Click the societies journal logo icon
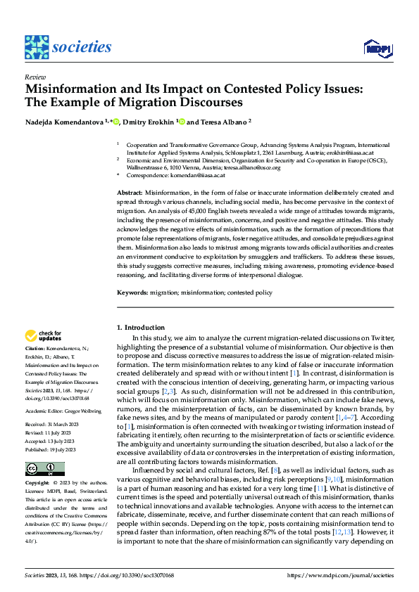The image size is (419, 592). [x=37, y=47]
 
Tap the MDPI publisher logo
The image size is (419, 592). [x=377, y=48]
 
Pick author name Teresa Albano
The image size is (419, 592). [x=225, y=121]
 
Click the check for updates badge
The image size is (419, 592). [x=43, y=336]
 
